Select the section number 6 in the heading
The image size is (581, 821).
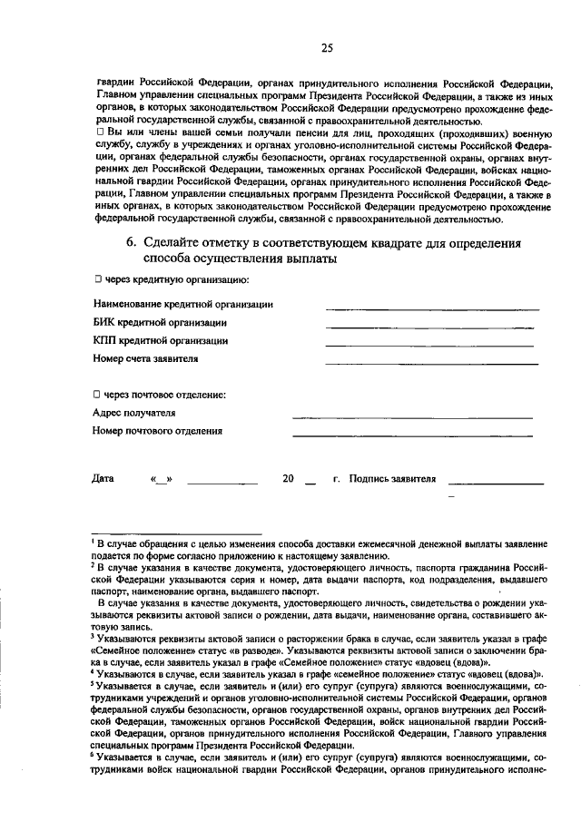131,242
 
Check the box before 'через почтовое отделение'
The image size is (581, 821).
97,395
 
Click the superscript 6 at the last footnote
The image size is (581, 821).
94,753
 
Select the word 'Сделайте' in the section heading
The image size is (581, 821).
173,242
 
